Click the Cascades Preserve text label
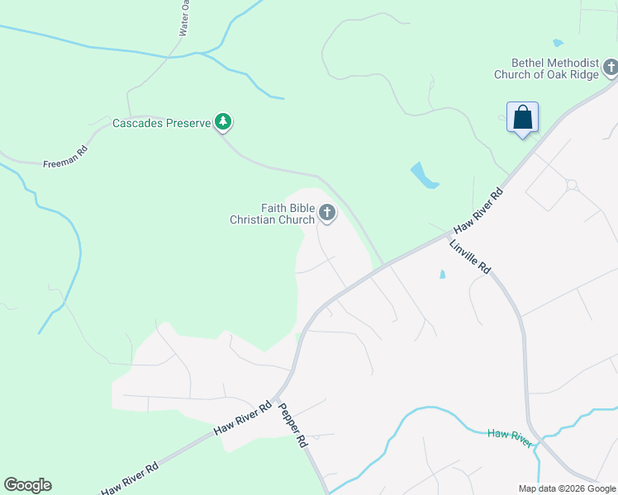161,124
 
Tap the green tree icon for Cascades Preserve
222,122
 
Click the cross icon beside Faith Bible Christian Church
327,214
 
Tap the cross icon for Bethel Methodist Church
611,67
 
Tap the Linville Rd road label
471,257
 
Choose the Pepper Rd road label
292,425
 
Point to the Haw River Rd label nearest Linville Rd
478,213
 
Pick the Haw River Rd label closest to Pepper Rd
243,418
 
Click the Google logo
27,485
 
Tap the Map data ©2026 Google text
567,488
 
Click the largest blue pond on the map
424,175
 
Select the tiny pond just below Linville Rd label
443,275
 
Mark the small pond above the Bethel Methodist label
558,43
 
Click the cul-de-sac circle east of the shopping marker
571,185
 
